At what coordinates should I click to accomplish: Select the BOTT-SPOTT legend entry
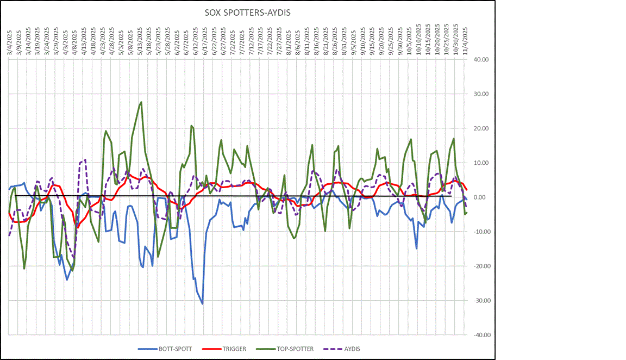pyautogui.click(x=172, y=349)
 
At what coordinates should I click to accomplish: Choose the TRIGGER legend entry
pyautogui.click(x=229, y=349)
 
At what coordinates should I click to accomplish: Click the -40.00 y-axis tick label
pyautogui.click(x=481, y=335)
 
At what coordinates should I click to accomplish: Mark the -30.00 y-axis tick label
pyautogui.click(x=481, y=301)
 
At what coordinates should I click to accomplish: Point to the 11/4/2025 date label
pyautogui.click(x=465, y=35)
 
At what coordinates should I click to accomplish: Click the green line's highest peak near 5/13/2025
pyautogui.click(x=141, y=102)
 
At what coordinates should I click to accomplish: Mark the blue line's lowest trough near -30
pyautogui.click(x=202, y=303)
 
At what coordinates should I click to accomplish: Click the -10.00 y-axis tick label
pyautogui.click(x=481, y=232)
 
